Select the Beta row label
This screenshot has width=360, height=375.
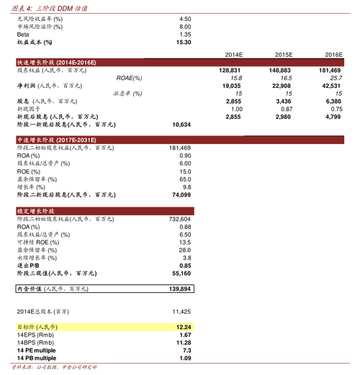pyautogui.click(x=24, y=35)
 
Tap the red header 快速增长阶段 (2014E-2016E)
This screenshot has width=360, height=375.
pyautogui.click(x=57, y=63)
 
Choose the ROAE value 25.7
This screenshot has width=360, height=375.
pyautogui.click(x=334, y=78)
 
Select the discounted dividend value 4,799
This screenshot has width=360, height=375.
pyautogui.click(x=332, y=117)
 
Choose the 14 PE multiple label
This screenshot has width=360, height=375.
pyautogui.click(x=35, y=351)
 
